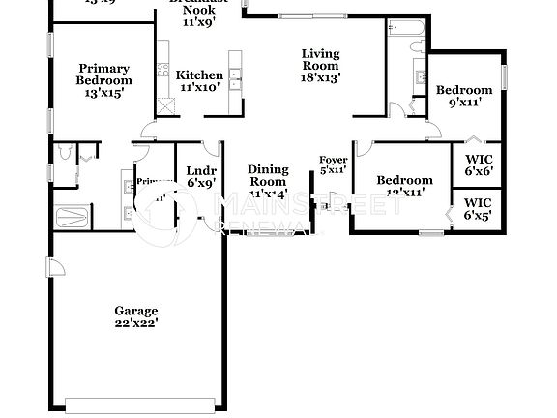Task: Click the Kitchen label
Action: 199,75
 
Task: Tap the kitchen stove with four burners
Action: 163,48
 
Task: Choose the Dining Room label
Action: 268,175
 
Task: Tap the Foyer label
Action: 333,160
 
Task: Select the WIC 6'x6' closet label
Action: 478,158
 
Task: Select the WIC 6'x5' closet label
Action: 478,202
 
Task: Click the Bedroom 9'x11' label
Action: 464,90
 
